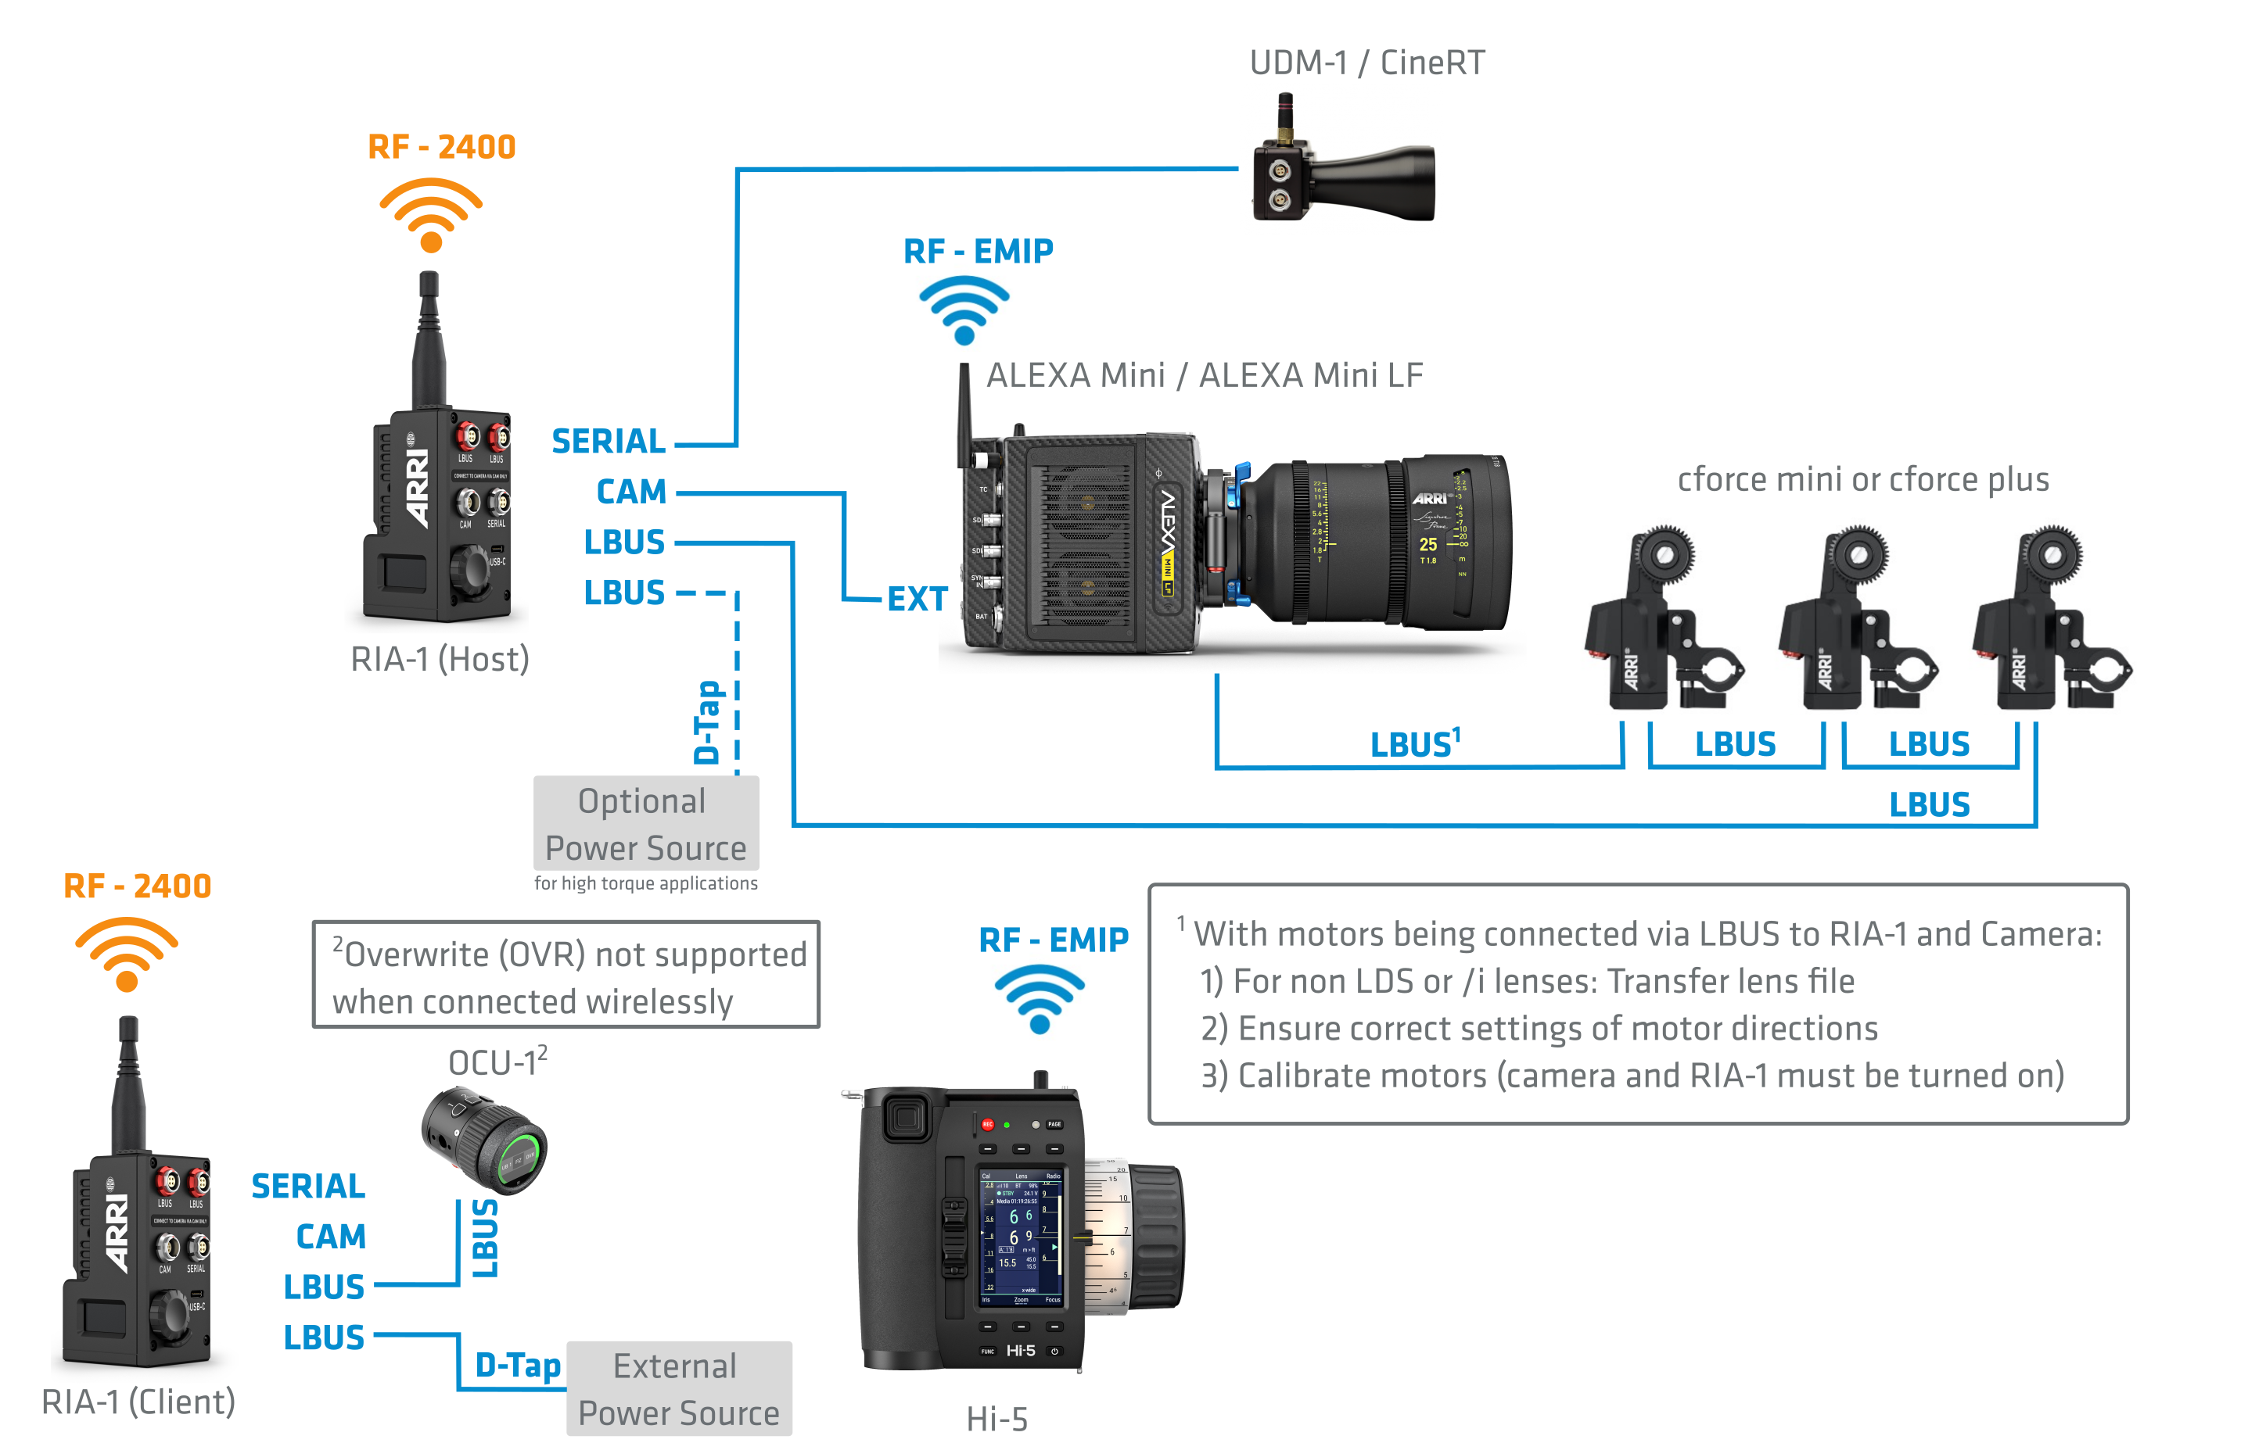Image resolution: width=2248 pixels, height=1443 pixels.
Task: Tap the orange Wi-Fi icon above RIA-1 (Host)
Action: click(430, 216)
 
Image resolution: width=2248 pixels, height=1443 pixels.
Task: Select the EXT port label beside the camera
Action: click(917, 600)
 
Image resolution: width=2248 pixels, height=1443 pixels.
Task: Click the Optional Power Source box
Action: click(646, 824)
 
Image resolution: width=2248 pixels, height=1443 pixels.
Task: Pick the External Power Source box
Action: click(679, 1388)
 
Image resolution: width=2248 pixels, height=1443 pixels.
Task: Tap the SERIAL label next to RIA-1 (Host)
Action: click(609, 442)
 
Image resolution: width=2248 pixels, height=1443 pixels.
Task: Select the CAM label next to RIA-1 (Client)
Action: click(330, 1237)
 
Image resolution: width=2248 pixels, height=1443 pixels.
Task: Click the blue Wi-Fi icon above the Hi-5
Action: click(1039, 999)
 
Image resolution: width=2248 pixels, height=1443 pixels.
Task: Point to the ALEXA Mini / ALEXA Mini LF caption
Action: click(1205, 376)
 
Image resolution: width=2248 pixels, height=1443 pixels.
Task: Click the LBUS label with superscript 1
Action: click(1413, 744)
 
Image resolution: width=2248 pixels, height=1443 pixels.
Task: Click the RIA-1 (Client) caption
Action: click(138, 1402)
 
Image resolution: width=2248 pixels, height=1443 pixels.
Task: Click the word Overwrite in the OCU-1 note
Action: click(417, 954)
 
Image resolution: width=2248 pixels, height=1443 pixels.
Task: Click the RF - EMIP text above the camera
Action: click(978, 251)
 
